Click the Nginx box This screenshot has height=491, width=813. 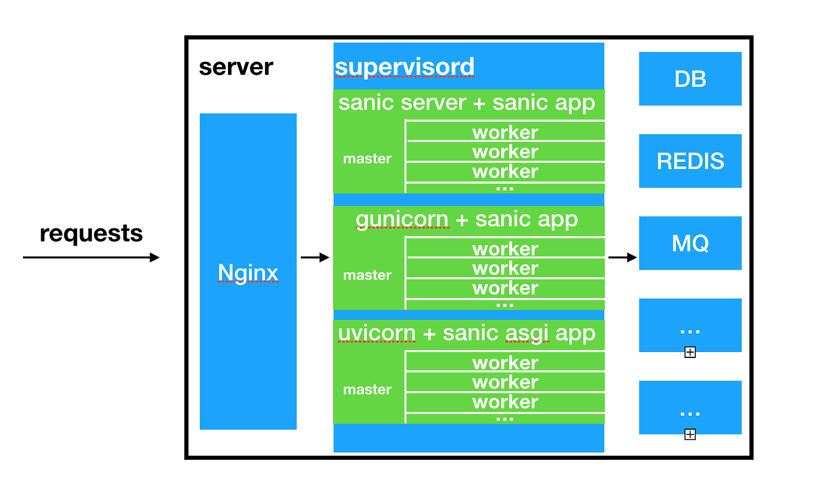pyautogui.click(x=248, y=271)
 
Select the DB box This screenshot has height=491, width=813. pyautogui.click(x=690, y=79)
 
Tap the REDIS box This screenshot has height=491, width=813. pyautogui.click(x=690, y=161)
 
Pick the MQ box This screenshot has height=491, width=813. pyautogui.click(x=690, y=243)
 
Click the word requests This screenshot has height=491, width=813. pyautogui.click(x=91, y=234)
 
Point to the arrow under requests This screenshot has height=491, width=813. pyautogui.click(x=91, y=257)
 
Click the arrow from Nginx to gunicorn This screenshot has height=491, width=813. pyautogui.click(x=315, y=257)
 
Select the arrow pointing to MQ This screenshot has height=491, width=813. pyautogui.click(x=622, y=257)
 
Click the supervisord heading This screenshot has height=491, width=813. pyautogui.click(x=404, y=67)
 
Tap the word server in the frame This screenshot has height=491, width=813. pyautogui.click(x=236, y=67)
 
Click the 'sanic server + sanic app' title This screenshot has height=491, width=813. pyautogui.click(x=467, y=102)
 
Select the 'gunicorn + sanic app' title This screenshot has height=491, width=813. pyautogui.click(x=467, y=220)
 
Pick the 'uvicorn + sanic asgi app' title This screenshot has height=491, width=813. pyautogui.click(x=467, y=333)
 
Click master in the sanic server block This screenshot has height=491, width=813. pyautogui.click(x=367, y=158)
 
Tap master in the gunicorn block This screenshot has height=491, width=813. pyautogui.click(x=367, y=275)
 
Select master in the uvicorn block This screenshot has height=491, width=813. pyautogui.click(x=367, y=389)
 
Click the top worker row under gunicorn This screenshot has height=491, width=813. pyautogui.click(x=505, y=248)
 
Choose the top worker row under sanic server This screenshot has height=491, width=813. pyautogui.click(x=505, y=132)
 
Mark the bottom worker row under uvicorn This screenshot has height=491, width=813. pyautogui.click(x=505, y=402)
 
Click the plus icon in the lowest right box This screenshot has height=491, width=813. pyautogui.click(x=690, y=434)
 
